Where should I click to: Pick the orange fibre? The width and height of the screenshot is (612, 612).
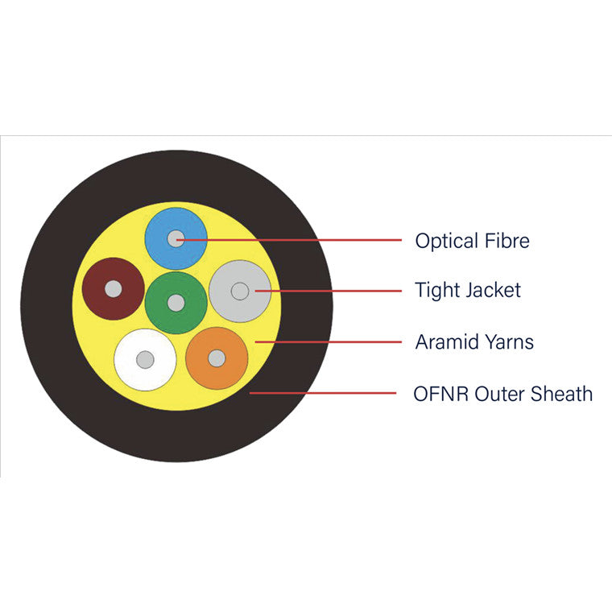click(217, 374)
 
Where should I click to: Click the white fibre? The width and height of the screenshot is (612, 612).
click(145, 375)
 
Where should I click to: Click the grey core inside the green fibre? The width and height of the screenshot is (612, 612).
click(176, 303)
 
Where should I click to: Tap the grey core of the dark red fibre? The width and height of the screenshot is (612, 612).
click(114, 289)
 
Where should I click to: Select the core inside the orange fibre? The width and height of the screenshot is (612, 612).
click(217, 358)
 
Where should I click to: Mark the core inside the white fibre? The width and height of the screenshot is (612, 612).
click(145, 359)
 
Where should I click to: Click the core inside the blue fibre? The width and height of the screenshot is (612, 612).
click(176, 238)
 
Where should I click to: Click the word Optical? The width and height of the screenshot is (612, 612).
click(447, 242)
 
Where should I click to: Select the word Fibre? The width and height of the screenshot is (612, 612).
click(507, 241)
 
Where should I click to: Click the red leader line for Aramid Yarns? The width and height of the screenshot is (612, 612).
click(329, 342)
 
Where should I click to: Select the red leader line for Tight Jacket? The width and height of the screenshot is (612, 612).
click(329, 291)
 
